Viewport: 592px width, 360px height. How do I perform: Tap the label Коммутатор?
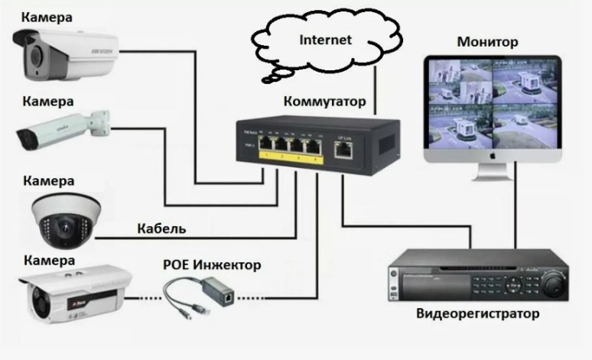tap(324, 101)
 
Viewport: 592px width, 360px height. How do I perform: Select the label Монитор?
tap(487, 41)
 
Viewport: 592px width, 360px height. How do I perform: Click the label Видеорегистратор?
tap(477, 314)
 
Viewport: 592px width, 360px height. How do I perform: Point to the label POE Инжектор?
tap(212, 265)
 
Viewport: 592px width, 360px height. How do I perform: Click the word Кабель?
tap(161, 228)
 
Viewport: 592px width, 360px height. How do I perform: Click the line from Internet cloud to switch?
tap(376, 96)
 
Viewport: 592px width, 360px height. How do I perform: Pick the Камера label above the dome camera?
tap(49, 181)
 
